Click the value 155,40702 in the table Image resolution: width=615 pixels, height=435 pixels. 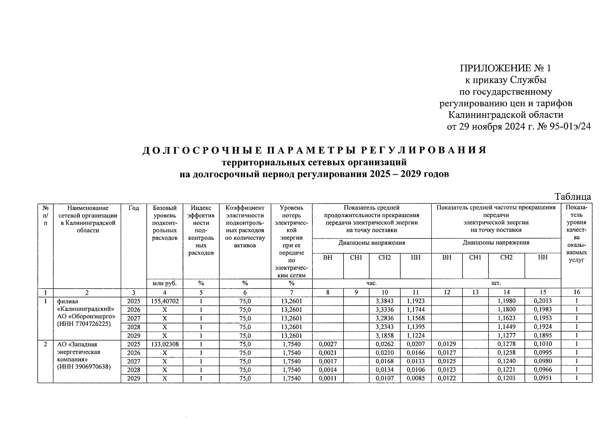tap(165, 301)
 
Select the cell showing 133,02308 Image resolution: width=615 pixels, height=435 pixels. tap(165, 344)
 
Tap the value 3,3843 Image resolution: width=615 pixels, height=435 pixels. tap(385, 301)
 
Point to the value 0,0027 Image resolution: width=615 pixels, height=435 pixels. tap(328, 344)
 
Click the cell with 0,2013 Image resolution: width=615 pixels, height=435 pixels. tap(543, 301)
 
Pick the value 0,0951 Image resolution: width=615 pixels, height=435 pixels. tap(543, 378)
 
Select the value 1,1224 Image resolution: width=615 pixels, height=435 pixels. tap(416, 336)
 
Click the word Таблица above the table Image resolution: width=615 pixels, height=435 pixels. tap(573, 197)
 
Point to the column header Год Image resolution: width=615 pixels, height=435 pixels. tap(134, 208)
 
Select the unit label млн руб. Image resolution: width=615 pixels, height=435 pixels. tap(165, 283)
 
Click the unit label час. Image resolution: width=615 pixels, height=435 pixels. tap(371, 283)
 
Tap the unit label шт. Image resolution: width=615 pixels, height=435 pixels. tap(496, 283)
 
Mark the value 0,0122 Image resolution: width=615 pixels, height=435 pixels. tap(446, 378)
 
